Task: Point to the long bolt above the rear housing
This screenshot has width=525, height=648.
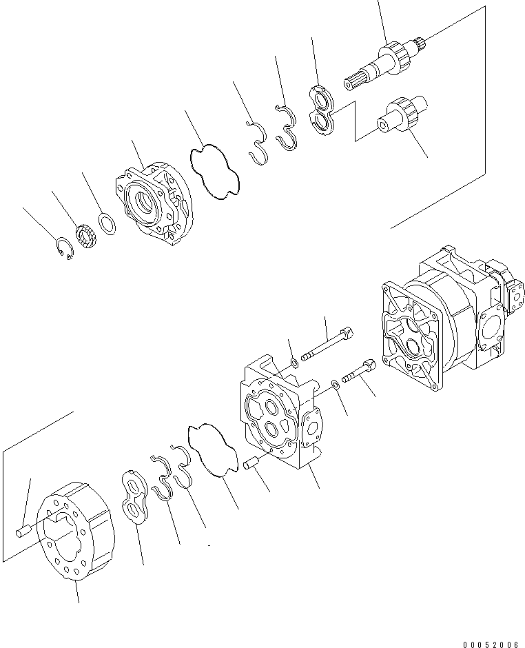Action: point(327,345)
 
